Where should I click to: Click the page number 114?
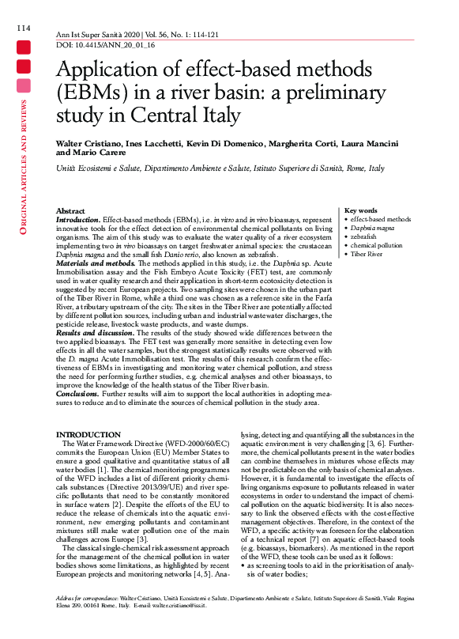click(x=22, y=29)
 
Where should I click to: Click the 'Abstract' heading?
click(x=71, y=211)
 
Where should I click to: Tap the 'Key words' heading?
click(x=361, y=210)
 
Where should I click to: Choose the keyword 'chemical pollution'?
click(x=376, y=246)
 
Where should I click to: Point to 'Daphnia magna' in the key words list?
click(x=374, y=228)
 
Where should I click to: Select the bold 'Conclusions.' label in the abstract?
click(x=78, y=394)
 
